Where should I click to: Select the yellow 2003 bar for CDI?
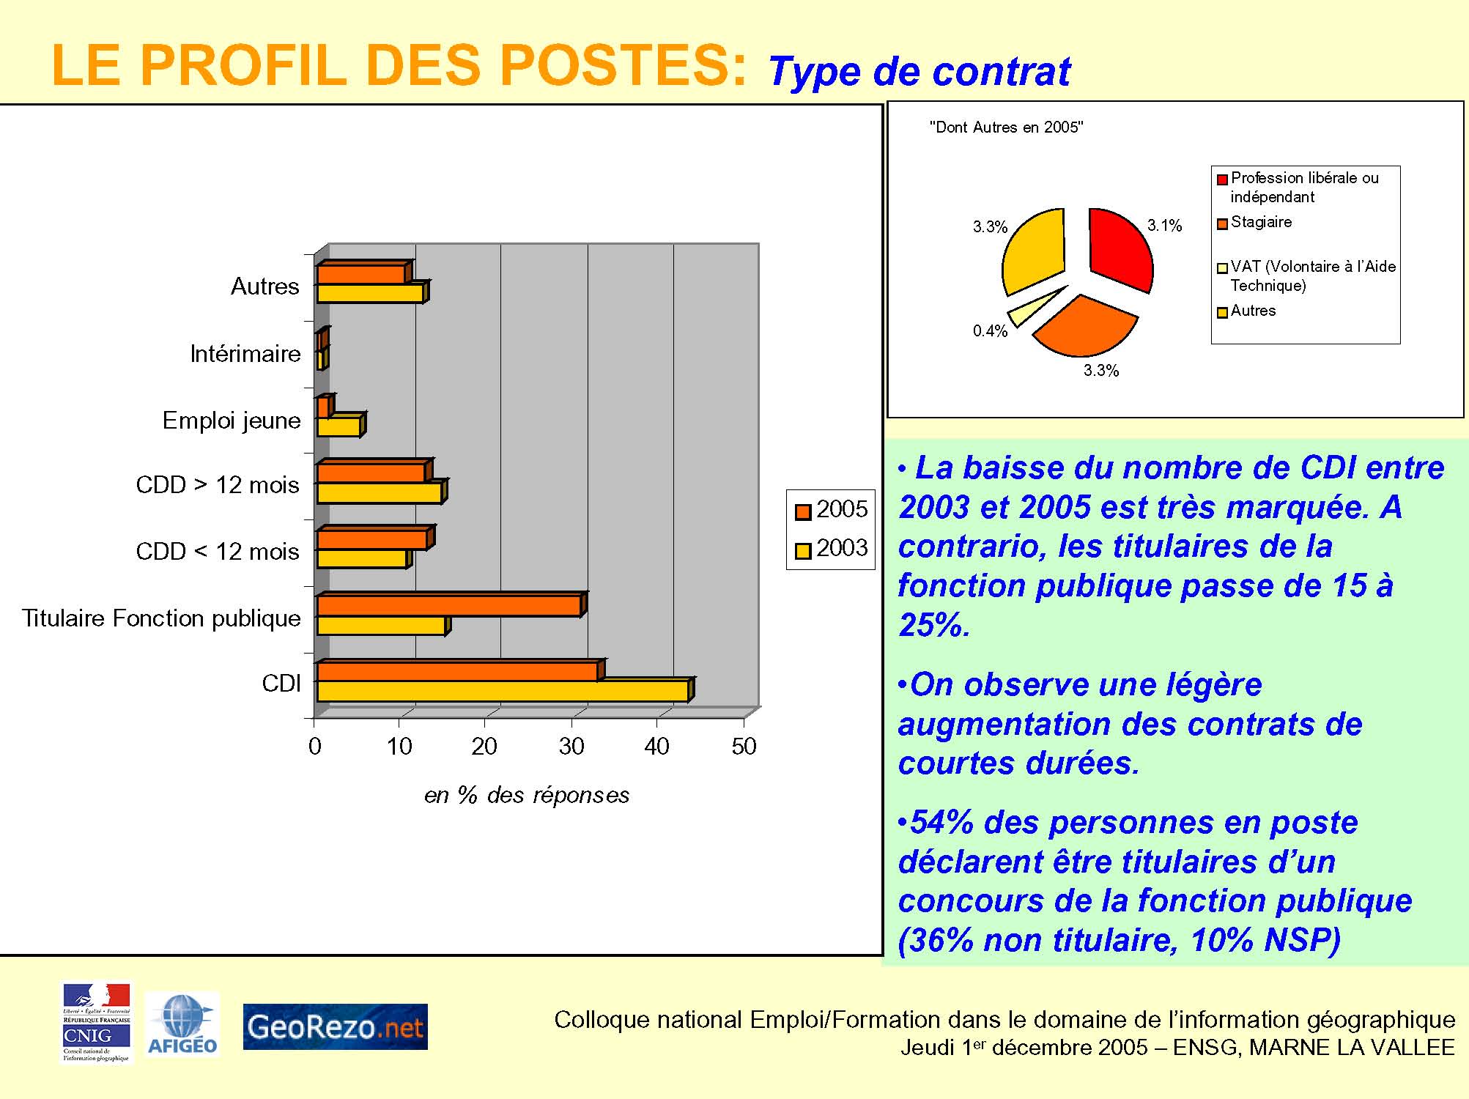503,692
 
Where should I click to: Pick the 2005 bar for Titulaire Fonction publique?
448,606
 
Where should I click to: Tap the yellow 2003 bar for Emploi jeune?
338,427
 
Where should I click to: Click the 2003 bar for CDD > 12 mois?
379,493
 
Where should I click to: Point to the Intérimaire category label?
245,354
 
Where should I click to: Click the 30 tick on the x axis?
571,747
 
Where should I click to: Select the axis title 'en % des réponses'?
526,795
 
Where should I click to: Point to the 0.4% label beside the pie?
990,331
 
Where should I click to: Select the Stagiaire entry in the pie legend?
1261,222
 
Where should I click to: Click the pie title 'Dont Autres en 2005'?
1006,127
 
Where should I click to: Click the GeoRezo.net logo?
335,1026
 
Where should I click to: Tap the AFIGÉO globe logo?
182,1024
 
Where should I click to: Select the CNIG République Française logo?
97,1023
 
